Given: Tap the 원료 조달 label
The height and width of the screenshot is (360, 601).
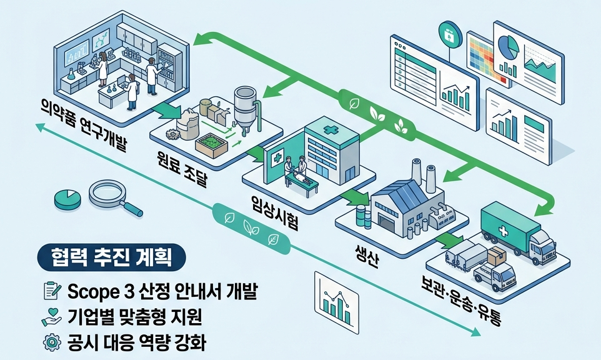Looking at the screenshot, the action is pyautogui.click(x=182, y=168).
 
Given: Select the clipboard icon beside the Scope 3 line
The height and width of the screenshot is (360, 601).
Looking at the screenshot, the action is pyautogui.click(x=52, y=291).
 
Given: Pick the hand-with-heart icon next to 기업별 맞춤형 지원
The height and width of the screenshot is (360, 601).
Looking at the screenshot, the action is pyautogui.click(x=51, y=316).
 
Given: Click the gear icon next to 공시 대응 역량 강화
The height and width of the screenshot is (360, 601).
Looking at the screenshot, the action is pyautogui.click(x=52, y=342).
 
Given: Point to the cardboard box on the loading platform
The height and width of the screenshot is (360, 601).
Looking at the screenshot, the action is pyautogui.click(x=497, y=256).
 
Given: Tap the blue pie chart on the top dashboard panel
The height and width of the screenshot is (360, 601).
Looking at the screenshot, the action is pyautogui.click(x=509, y=46).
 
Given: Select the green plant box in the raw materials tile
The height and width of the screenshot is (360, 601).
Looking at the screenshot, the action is pyautogui.click(x=212, y=145).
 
